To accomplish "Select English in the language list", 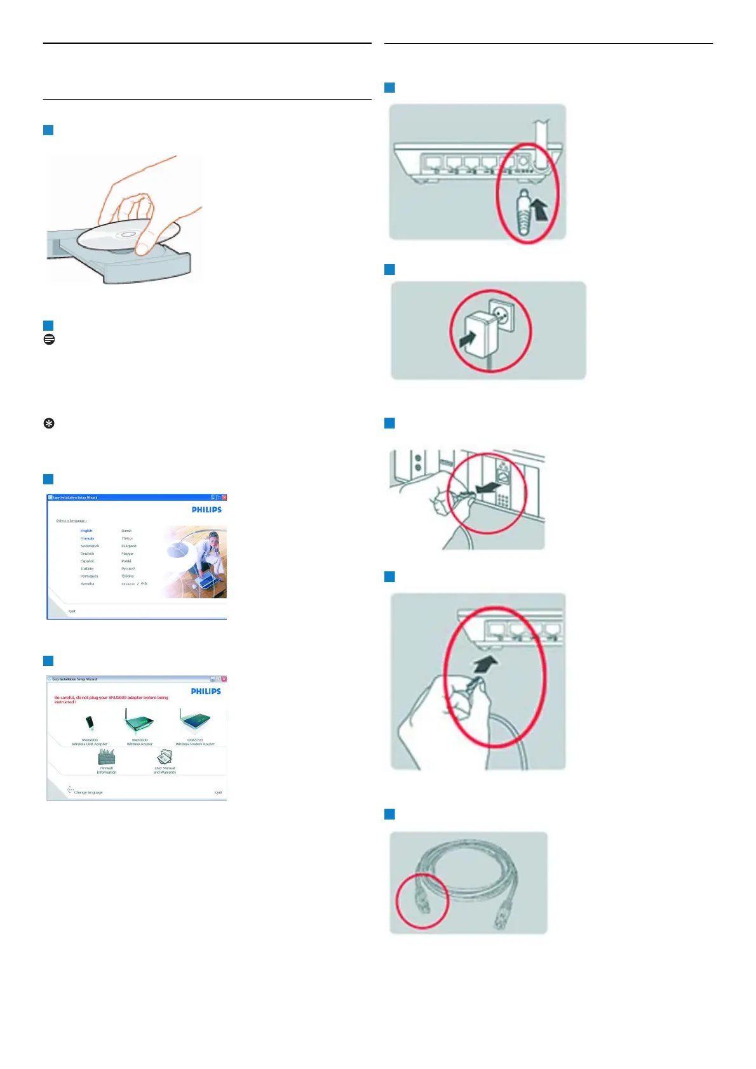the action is pyautogui.click(x=86, y=531).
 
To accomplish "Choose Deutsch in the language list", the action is pyautogui.click(x=87, y=554).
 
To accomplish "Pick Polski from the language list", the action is pyautogui.click(x=126, y=561).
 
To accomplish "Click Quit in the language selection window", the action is pyautogui.click(x=72, y=611).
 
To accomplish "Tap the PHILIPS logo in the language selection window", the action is pyautogui.click(x=206, y=510).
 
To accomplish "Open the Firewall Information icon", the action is pyautogui.click(x=107, y=757).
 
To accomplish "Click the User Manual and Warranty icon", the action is pyautogui.click(x=165, y=756).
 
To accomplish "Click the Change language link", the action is pyautogui.click(x=88, y=792).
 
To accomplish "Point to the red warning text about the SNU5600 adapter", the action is pyautogui.click(x=111, y=700).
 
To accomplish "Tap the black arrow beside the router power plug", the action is pyautogui.click(x=539, y=208).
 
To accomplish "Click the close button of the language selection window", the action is pyautogui.click(x=224, y=498).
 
